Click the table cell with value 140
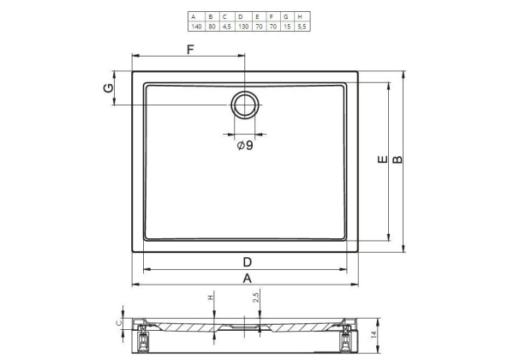click(x=196, y=27)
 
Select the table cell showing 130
click(x=243, y=27)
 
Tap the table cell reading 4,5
click(x=226, y=27)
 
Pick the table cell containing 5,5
click(x=302, y=27)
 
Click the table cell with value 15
click(x=287, y=27)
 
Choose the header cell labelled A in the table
click(x=196, y=17)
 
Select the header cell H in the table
click(x=302, y=17)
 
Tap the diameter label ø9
click(x=245, y=145)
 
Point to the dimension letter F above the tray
click(x=190, y=50)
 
